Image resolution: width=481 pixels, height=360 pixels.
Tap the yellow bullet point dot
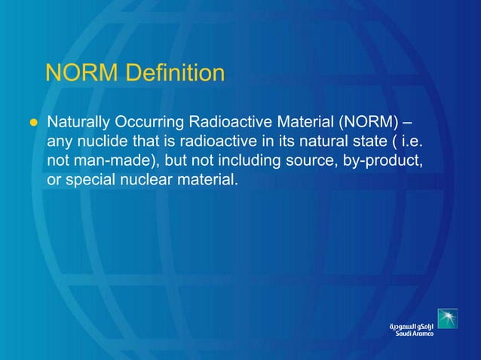pyautogui.click(x=32, y=122)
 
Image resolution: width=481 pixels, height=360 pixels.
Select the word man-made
pyautogui.click(x=110, y=160)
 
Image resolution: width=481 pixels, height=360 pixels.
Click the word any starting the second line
pyautogui.click(x=60, y=142)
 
